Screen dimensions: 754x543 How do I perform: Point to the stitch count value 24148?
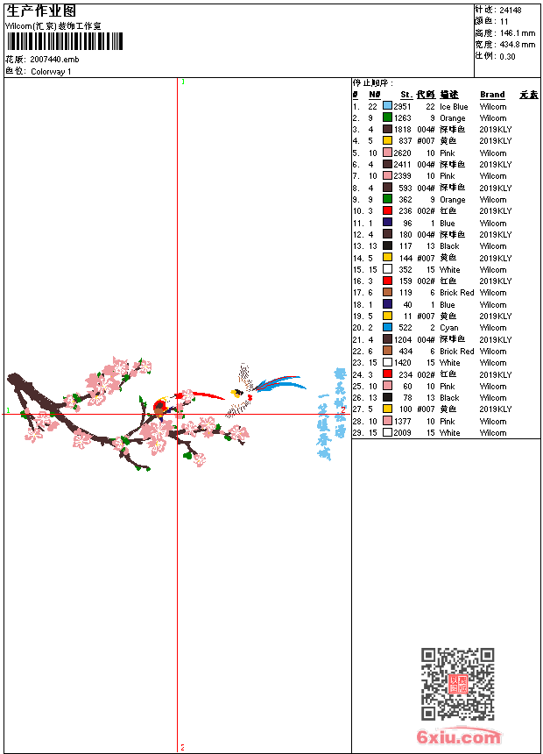click(510, 11)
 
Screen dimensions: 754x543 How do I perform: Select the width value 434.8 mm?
click(517, 44)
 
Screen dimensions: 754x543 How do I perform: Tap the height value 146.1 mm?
click(517, 32)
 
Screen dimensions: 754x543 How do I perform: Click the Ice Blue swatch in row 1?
click(387, 106)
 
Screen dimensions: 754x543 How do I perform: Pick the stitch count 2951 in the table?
click(402, 106)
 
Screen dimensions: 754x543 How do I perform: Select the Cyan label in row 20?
click(448, 328)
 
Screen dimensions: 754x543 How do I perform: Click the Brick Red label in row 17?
click(456, 293)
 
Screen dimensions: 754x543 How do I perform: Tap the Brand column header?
click(492, 94)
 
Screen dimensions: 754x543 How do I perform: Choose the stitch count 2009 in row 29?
click(402, 433)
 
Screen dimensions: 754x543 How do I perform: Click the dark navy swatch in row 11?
click(387, 223)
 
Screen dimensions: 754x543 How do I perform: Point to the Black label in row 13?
click(449, 246)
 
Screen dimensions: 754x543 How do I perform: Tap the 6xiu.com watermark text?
click(459, 737)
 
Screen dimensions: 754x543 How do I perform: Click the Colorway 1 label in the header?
click(52, 71)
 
